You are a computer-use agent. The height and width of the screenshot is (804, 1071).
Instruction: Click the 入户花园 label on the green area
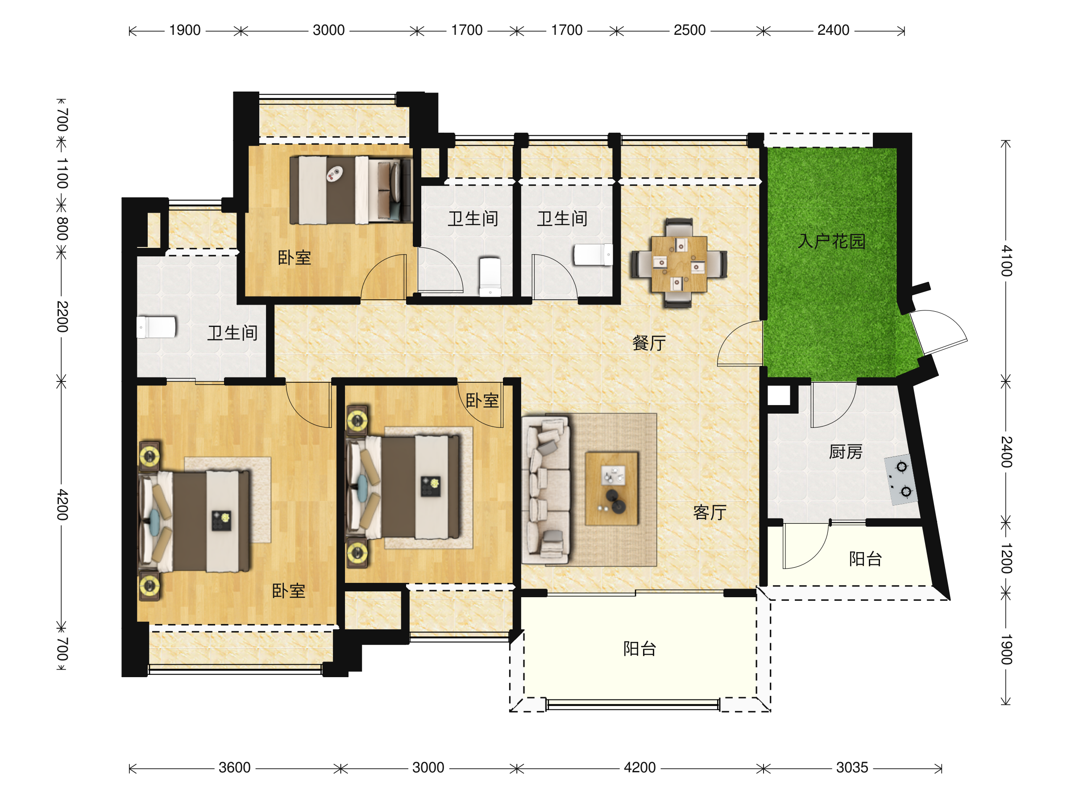coord(831,241)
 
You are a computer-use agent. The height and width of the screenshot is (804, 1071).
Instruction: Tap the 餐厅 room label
coord(649,343)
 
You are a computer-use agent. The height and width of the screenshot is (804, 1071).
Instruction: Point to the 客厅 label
coord(710,512)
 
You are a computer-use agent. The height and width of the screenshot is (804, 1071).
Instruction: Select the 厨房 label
coord(846,452)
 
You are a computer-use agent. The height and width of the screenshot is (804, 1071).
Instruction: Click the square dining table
coord(679,264)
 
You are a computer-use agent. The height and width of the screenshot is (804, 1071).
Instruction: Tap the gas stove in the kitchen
coord(901,480)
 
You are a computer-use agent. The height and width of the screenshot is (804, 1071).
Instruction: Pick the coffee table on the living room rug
coord(612,489)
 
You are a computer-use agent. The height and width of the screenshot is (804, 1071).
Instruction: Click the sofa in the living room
coord(546,490)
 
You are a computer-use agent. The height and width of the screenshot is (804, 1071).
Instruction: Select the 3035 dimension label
coord(852,768)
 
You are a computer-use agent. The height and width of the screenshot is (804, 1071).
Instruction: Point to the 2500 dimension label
coord(689,30)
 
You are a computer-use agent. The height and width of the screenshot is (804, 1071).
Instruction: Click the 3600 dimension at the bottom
coord(234,768)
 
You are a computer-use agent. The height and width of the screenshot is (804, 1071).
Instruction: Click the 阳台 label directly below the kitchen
coord(866,559)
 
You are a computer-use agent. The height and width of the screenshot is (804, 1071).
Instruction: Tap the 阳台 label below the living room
coord(639,649)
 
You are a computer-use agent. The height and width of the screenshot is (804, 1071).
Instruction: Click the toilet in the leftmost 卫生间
coord(156,327)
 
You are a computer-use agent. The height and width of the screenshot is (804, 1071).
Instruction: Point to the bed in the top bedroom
coord(351,189)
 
